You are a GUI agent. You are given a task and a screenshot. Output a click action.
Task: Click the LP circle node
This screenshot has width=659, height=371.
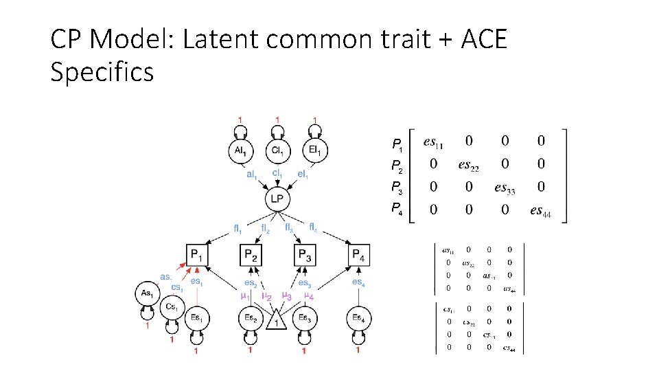point(277,199)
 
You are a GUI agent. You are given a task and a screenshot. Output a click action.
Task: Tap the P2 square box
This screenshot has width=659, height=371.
point(251,256)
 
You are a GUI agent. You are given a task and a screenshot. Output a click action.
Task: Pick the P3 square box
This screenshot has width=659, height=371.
point(304,256)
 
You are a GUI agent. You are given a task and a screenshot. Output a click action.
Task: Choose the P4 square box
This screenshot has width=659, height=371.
point(358,256)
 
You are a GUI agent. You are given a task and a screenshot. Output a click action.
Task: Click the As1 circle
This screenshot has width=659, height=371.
point(146,293)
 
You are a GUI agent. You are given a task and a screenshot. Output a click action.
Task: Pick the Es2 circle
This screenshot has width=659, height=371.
point(251,318)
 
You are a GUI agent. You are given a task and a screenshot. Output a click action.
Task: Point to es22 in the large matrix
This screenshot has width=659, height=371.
point(469,166)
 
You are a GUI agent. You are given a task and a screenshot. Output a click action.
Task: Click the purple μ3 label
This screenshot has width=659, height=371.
point(287,296)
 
